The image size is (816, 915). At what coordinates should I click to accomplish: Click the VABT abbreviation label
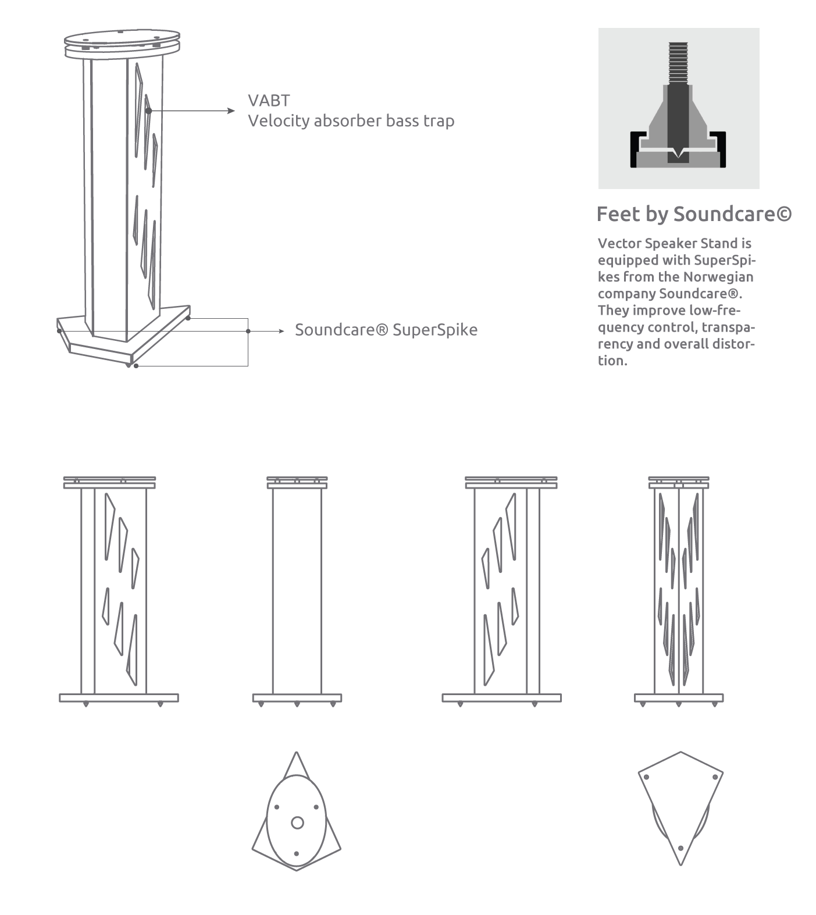click(269, 101)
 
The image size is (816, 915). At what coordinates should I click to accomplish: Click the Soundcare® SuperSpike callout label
click(386, 330)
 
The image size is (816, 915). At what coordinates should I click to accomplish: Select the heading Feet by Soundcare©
click(694, 215)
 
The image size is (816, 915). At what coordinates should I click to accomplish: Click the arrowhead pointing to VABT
click(231, 111)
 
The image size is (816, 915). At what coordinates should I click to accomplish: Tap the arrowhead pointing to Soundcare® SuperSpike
click(281, 331)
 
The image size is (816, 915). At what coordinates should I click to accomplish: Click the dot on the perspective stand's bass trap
click(149, 111)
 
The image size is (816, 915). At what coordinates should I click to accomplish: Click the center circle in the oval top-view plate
click(297, 823)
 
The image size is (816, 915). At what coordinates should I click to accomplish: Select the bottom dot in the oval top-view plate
click(297, 853)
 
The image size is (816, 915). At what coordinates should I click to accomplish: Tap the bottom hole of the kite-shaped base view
click(680, 848)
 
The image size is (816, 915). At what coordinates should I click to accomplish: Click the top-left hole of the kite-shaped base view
click(646, 777)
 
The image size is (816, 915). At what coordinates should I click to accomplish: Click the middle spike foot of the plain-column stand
click(297, 704)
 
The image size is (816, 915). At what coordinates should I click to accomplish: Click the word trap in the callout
click(439, 122)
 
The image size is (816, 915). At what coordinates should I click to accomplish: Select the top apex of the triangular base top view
click(297, 752)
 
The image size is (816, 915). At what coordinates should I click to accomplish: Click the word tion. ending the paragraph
click(612, 361)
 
